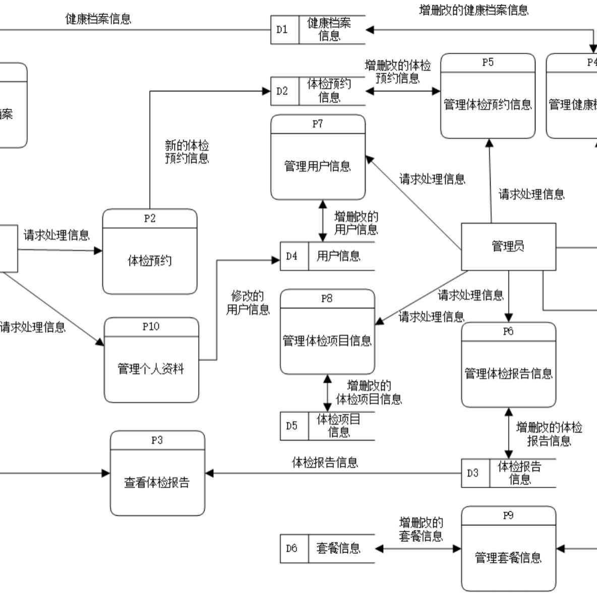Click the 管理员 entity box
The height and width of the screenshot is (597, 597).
[508, 247]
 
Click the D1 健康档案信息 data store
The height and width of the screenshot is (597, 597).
[318, 29]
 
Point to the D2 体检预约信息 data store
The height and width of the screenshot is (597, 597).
[318, 91]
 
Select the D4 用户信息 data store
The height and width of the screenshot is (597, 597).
[327, 256]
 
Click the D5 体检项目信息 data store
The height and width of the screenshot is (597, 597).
[327, 426]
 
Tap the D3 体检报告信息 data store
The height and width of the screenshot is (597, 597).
[508, 473]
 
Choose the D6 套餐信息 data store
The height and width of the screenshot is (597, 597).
[327, 548]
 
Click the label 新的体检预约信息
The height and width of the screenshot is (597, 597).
[187, 152]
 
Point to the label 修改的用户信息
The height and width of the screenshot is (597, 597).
[248, 303]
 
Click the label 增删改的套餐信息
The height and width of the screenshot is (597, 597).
[421, 529]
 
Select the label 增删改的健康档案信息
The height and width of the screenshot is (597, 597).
[473, 10]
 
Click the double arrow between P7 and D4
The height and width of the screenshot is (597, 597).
[323, 221]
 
